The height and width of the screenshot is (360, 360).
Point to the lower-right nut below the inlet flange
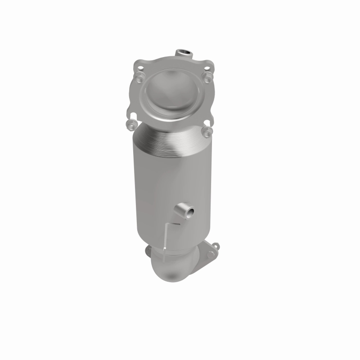point(207,131)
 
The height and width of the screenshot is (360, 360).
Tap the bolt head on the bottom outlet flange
point(210,255)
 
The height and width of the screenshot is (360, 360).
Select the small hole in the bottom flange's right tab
point(216,246)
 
